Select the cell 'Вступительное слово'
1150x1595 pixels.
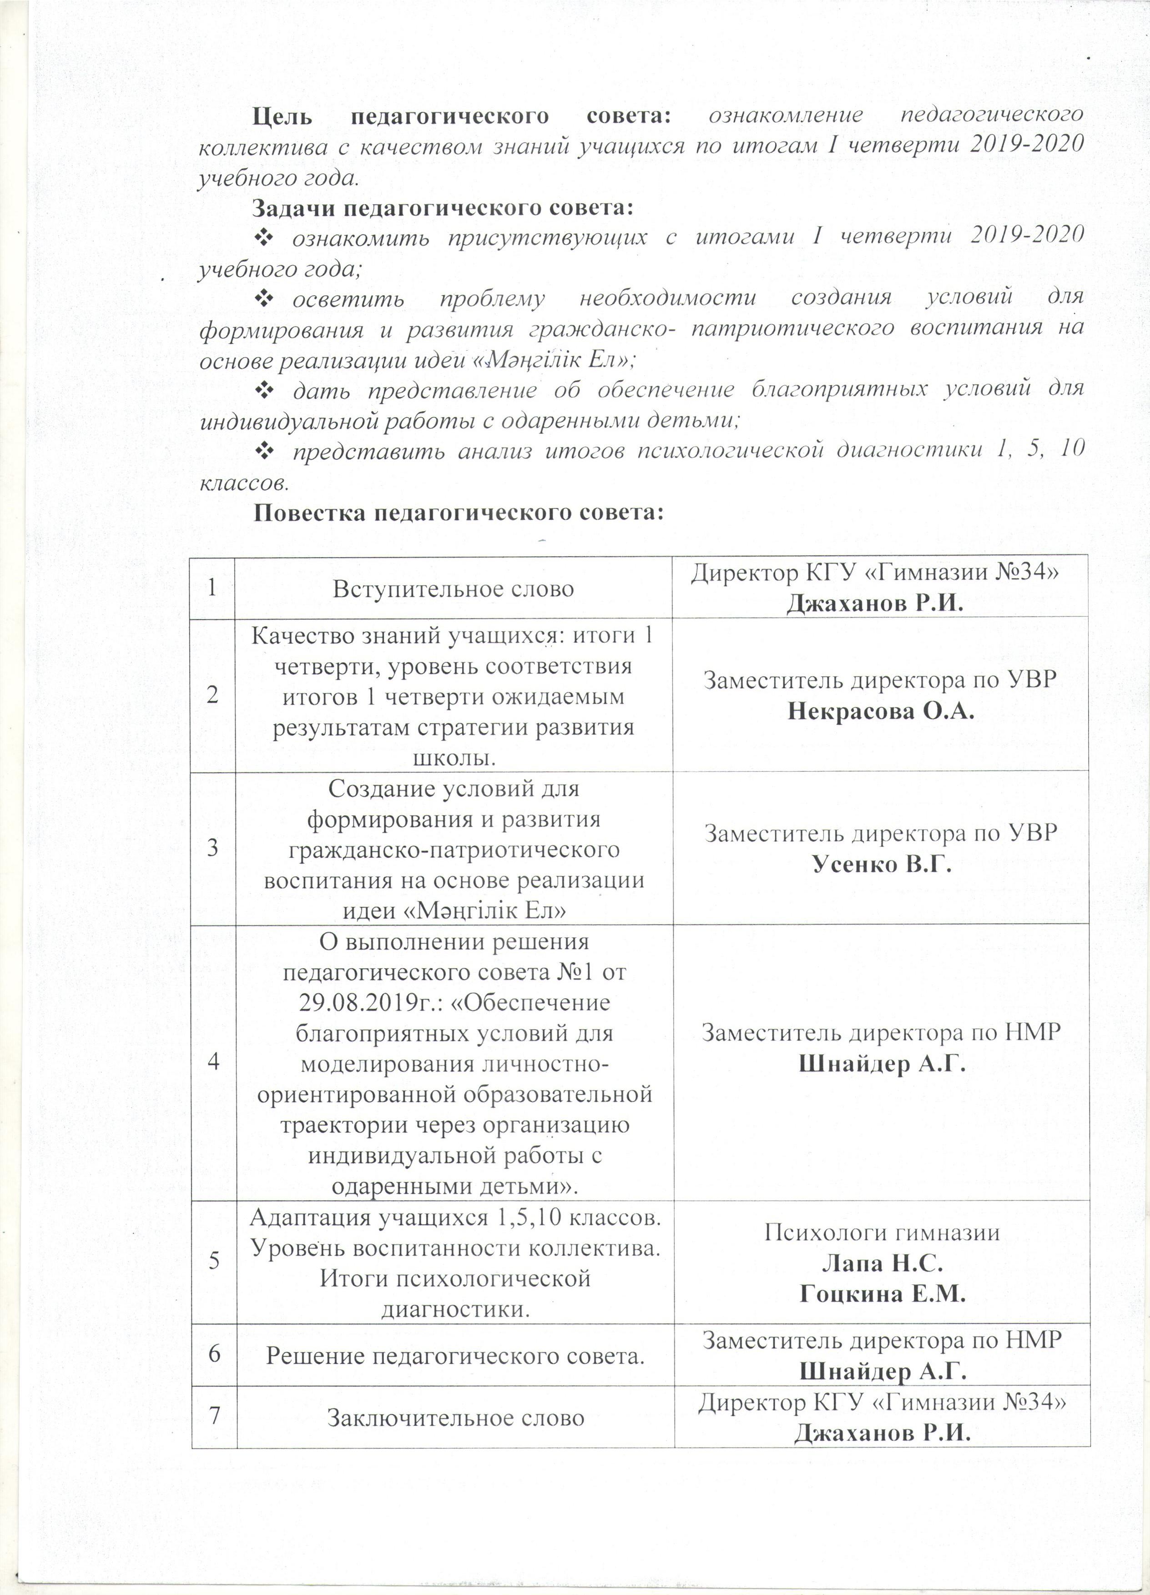[x=454, y=589]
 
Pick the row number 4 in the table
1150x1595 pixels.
[x=212, y=1062]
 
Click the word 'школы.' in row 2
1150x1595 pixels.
[x=454, y=757]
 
